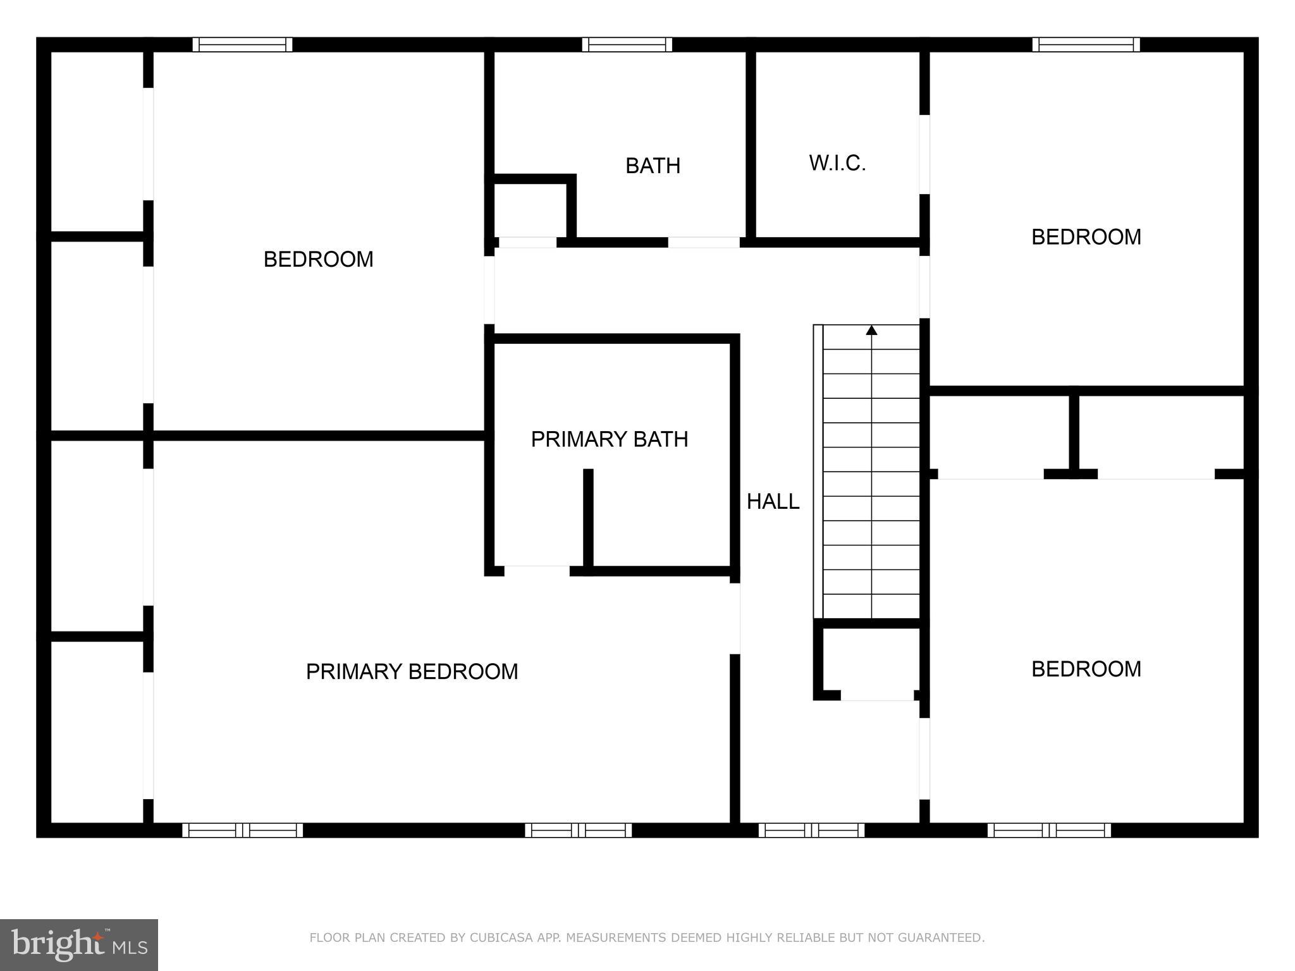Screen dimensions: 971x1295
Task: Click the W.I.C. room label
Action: [x=837, y=163]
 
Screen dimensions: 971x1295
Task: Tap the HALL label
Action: [x=773, y=501]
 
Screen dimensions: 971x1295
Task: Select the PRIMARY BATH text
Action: [x=609, y=439]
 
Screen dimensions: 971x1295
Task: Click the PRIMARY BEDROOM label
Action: [x=412, y=671]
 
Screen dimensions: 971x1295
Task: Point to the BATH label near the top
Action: [x=653, y=166]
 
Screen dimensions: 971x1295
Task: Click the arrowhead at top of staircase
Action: [x=871, y=330]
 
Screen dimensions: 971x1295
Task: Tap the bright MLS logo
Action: [x=78, y=944]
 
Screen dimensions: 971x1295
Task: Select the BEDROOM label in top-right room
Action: [x=1086, y=237]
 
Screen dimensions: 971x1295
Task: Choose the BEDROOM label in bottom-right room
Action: [x=1086, y=669]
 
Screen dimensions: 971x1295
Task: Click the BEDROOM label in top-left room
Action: [x=318, y=259]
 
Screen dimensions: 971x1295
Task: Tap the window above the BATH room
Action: [x=627, y=44]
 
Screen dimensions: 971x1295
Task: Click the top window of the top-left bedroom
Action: [x=242, y=44]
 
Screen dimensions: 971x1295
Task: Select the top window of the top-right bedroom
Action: [x=1086, y=44]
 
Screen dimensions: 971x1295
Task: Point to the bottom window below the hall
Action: [x=811, y=830]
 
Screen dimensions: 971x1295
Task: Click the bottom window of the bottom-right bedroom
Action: [x=1049, y=830]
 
